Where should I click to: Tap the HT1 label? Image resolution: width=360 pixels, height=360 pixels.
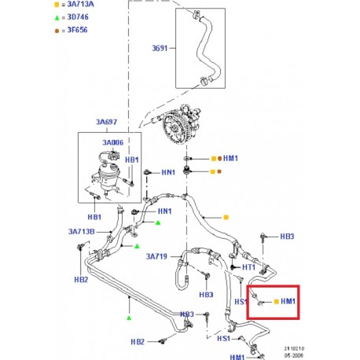coord(248,267)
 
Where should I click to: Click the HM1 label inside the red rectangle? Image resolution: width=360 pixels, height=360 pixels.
coord(288,301)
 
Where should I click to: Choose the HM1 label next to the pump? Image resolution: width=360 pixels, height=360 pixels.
coord(230,159)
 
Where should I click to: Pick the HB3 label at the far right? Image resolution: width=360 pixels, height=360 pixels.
coord(288,237)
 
